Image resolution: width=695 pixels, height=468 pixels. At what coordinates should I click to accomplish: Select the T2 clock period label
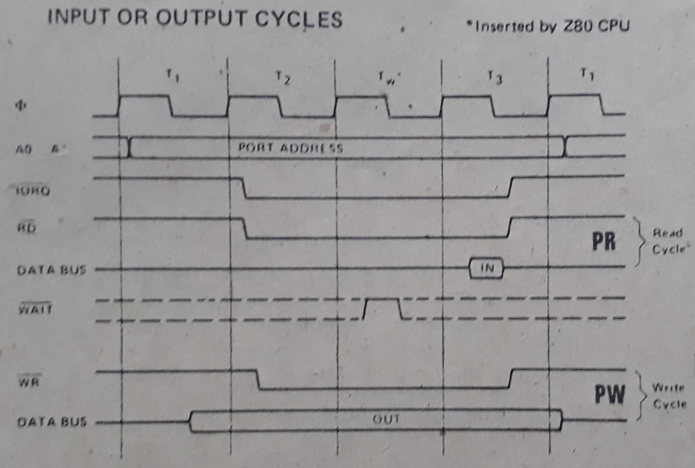282,78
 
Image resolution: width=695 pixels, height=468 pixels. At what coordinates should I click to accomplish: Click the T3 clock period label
494,78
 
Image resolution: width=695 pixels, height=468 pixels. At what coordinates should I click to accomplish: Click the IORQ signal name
32,191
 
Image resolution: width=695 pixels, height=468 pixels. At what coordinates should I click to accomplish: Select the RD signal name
25,231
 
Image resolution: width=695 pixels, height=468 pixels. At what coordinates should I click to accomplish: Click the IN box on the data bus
486,268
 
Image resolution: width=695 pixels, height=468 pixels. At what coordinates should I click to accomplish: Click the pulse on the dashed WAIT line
382,308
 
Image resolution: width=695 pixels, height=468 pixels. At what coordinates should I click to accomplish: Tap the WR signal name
25,381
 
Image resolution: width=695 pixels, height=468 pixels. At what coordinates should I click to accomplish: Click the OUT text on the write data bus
386,418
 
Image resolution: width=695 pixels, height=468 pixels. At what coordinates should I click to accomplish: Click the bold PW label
609,394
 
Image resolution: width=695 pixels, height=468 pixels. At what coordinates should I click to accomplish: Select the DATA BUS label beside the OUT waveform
51,422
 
